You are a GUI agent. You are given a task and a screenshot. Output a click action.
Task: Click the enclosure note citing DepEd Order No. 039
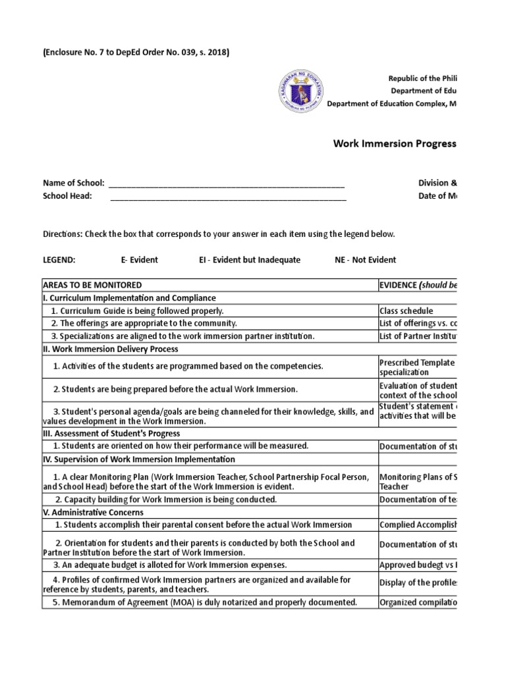point(136,53)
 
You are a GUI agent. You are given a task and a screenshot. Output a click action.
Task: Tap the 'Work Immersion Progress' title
point(395,143)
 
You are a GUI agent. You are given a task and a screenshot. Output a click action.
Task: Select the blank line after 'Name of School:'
point(226,183)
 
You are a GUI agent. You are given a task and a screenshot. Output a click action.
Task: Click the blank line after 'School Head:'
point(228,196)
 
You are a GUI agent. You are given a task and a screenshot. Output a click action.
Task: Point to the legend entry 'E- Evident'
point(139,260)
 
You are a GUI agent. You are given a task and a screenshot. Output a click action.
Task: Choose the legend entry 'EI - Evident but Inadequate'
point(250,260)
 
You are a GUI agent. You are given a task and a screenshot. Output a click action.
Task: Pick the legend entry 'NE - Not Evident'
point(366,260)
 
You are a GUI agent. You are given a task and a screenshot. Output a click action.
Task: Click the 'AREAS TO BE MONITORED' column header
point(92,285)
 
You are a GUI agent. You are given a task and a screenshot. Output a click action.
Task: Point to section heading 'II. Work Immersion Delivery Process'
point(110,349)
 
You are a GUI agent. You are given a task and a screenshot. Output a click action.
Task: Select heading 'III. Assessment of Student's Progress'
point(111,434)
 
